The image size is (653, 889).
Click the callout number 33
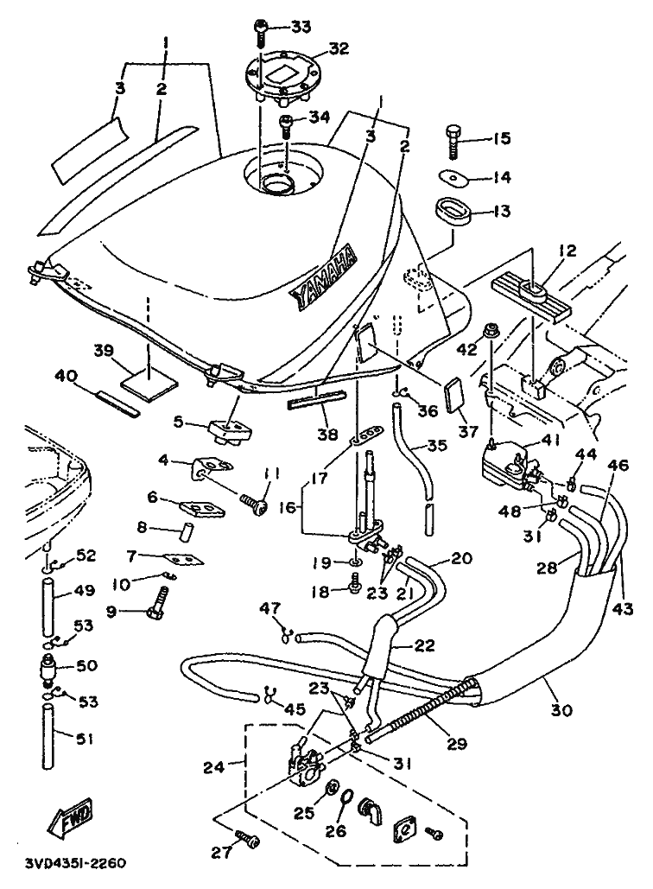tap(300, 28)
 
